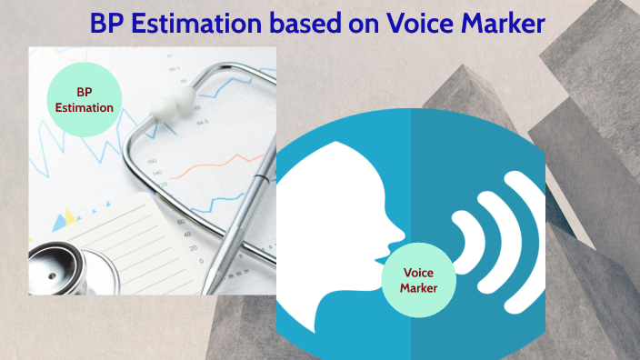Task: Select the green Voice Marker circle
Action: tap(419, 279)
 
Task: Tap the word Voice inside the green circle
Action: tap(419, 272)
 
